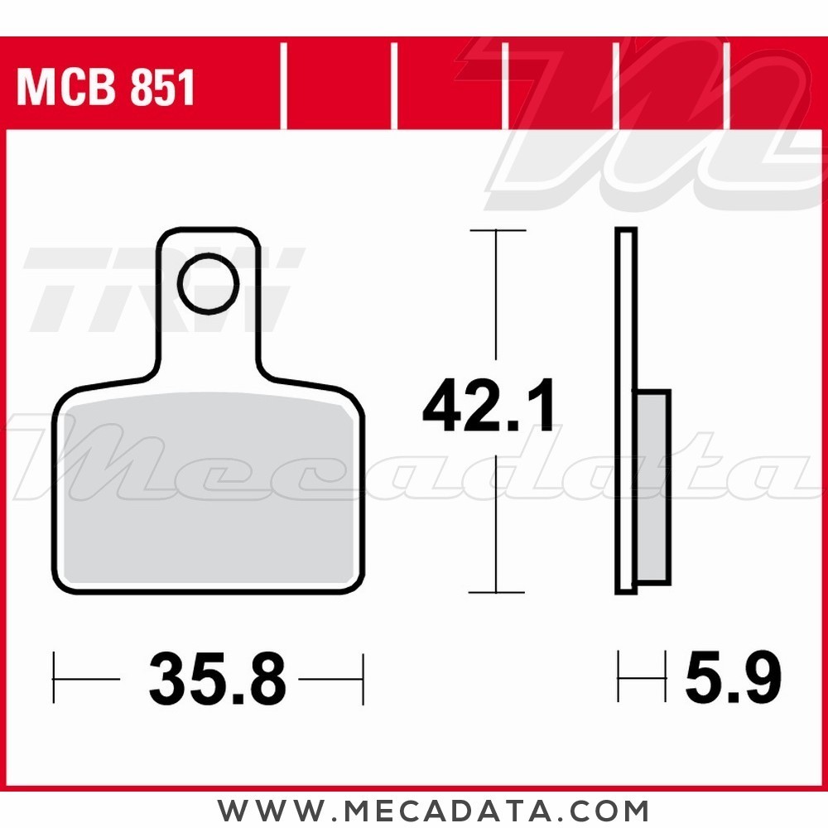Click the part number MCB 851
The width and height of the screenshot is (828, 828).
pos(106,87)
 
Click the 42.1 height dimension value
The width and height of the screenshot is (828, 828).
pos(489,406)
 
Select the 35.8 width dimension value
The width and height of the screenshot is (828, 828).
pos(218,679)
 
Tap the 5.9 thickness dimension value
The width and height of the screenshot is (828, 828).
pos(733,677)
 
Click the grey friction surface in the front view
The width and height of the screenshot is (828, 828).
pos(209,489)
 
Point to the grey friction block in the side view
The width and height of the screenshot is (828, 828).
pos(654,487)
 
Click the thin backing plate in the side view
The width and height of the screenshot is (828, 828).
pos(626,411)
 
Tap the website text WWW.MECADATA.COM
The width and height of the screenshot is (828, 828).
pos(432,810)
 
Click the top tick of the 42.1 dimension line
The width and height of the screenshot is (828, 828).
pos(498,230)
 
